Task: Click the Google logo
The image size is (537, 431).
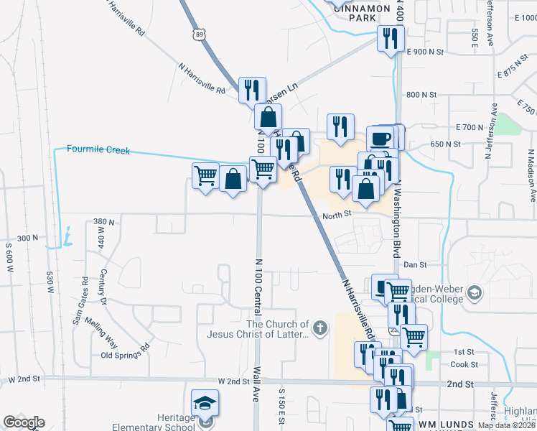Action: click(x=24, y=422)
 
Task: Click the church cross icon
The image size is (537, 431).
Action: click(x=320, y=329)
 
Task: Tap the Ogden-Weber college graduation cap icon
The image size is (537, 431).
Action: click(x=474, y=293)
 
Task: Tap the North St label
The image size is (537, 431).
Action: click(x=336, y=214)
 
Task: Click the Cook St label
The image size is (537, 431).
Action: click(x=459, y=364)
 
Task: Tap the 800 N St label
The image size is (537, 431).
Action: click(x=421, y=95)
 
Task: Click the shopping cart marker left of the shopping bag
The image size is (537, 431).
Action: click(x=205, y=175)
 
